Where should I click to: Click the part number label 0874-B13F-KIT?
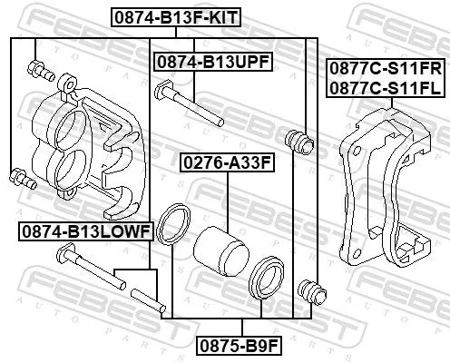click(169, 15)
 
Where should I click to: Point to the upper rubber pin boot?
click(298, 141)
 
